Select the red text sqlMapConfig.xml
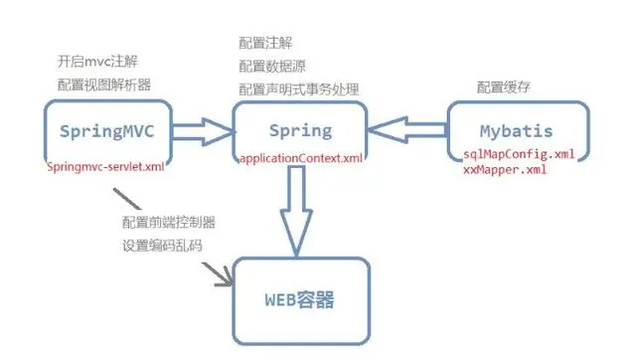click(x=519, y=155)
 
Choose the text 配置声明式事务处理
click(x=299, y=90)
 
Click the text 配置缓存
click(x=504, y=87)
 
